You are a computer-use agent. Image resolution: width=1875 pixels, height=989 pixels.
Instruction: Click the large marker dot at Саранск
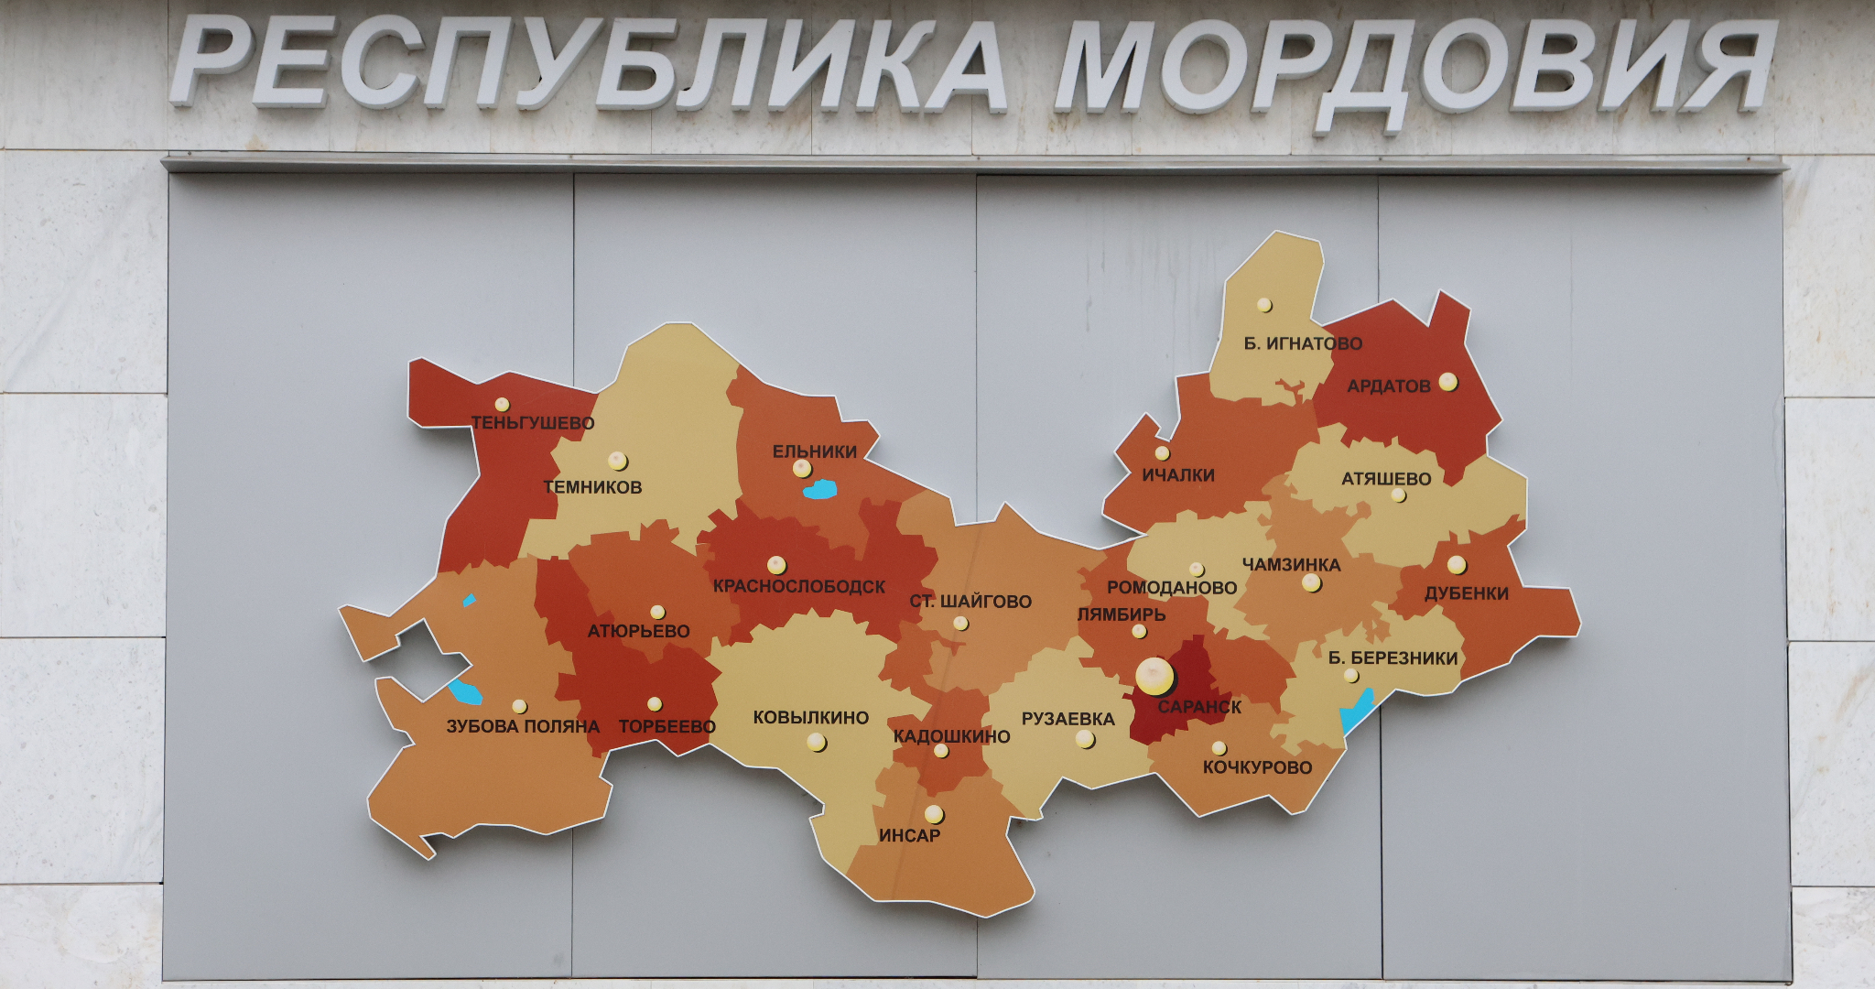pos(1154,676)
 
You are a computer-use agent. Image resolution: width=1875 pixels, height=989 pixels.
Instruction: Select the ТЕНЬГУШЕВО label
pos(533,423)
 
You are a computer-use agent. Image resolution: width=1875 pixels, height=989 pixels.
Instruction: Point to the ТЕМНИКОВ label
pos(592,487)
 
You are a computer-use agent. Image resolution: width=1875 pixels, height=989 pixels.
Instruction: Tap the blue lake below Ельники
pos(819,490)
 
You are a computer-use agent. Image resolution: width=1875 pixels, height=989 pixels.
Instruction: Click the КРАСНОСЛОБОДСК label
pos(799,587)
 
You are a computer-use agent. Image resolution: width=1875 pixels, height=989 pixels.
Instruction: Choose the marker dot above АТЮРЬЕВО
pos(657,612)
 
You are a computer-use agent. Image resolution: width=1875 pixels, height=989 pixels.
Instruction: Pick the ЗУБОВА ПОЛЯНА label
pos(523,727)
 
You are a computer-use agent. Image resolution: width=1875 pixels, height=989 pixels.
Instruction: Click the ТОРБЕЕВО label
pos(667,727)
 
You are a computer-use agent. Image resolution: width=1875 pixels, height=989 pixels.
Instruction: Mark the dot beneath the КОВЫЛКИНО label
pos(816,742)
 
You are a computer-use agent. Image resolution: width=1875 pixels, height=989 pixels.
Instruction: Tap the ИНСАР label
pos(909,835)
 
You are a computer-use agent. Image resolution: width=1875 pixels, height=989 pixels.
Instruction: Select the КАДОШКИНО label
pos(951,736)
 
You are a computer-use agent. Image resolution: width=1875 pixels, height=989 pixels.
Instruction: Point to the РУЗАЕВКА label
pos(1068,719)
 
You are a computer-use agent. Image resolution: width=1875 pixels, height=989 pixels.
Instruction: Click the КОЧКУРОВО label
pos(1257,767)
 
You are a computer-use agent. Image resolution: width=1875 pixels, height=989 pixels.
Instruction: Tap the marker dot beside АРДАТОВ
pos(1447,381)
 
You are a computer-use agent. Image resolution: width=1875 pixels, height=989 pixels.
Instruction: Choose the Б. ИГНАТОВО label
pos(1303,343)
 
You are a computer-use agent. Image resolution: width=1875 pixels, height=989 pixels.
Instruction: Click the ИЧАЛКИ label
pos(1178,475)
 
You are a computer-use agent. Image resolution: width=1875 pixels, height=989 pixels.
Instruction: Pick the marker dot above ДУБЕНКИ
pos(1457,564)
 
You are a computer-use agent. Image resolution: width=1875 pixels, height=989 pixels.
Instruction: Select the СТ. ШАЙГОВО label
pos(970,602)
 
